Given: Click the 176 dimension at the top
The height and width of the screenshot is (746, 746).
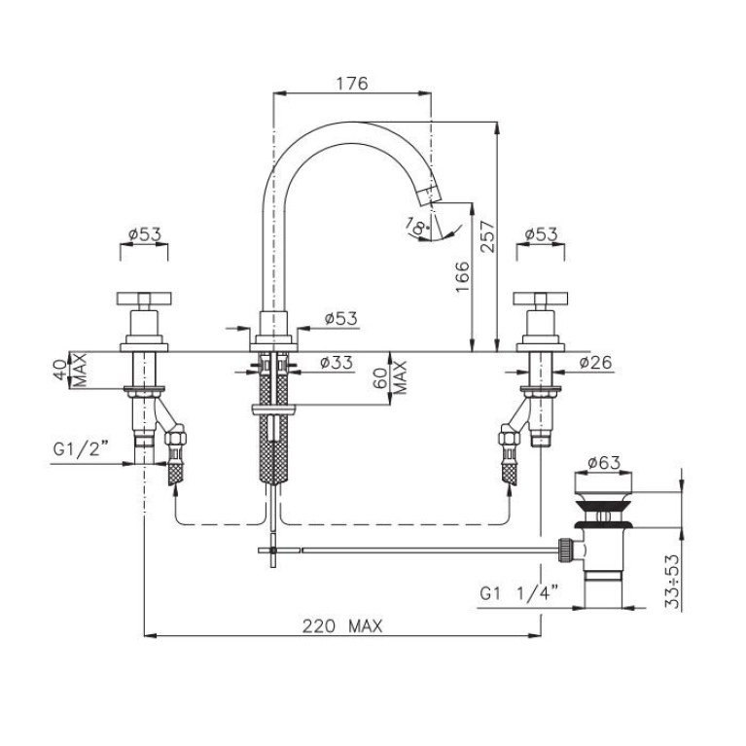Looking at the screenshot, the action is (x=352, y=84).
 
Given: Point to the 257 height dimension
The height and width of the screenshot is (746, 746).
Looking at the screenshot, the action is (x=487, y=236).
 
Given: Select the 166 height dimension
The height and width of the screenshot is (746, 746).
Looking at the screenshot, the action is (x=462, y=277).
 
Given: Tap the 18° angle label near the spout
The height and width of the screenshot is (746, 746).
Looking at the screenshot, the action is (x=416, y=227).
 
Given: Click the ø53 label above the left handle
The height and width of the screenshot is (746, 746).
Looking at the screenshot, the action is (x=145, y=234).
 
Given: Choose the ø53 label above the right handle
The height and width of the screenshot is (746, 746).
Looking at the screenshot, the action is (x=541, y=234).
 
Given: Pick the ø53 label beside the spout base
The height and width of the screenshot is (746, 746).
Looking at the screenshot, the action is (x=340, y=318).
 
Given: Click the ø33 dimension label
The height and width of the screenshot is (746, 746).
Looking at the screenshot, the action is (x=337, y=363).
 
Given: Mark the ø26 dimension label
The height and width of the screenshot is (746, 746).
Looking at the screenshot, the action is (x=595, y=363).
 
